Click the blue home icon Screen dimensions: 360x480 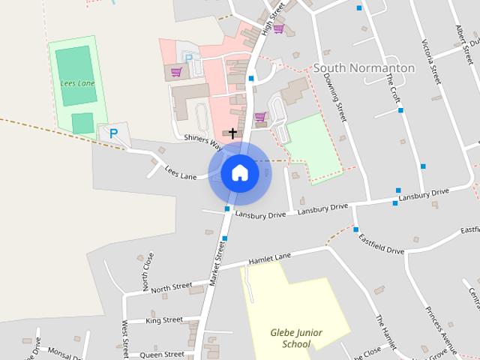(x=240, y=173)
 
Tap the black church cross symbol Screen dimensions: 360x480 (x=232, y=133)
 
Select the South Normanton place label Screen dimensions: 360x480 (x=364, y=68)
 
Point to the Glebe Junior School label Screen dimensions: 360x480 (x=291, y=337)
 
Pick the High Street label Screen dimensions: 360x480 (x=273, y=18)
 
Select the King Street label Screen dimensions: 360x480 (x=164, y=320)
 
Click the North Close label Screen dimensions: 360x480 (x=148, y=270)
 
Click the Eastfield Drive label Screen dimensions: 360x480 (x=381, y=244)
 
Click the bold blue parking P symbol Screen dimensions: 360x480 (x=113, y=133)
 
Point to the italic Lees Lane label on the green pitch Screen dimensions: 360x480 (x=78, y=82)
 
